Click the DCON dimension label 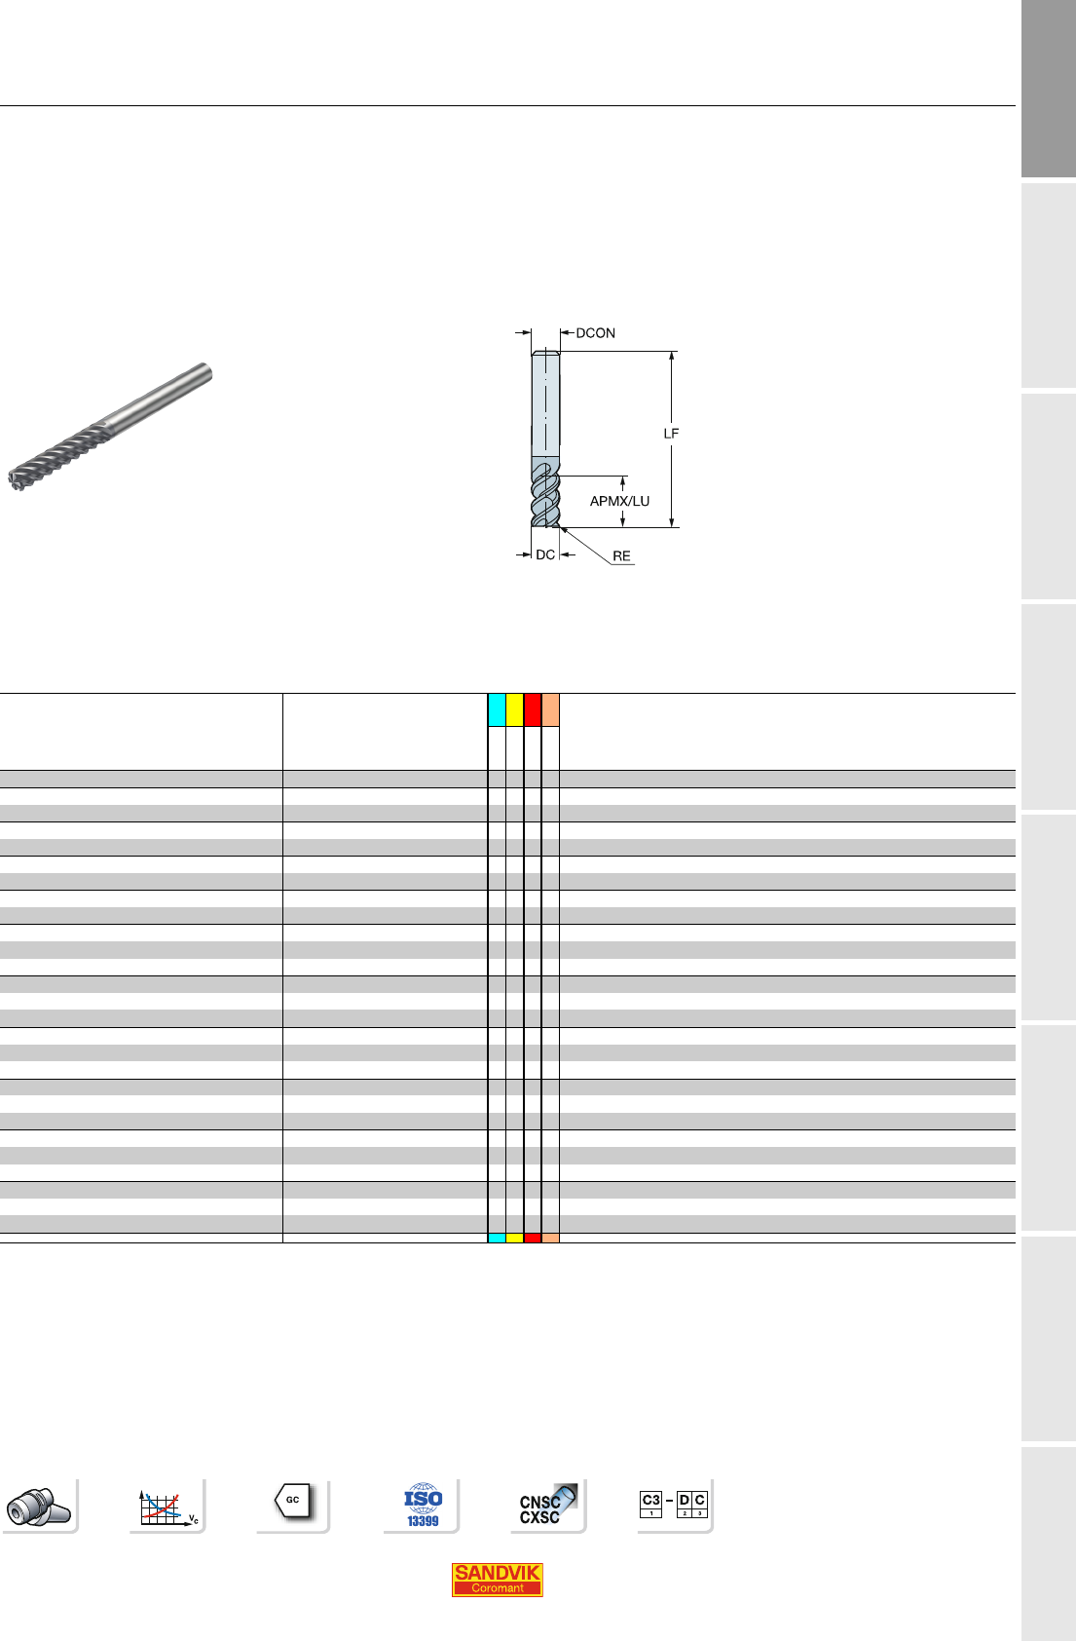coord(595,333)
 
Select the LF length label coord(671,434)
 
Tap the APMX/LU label coord(619,501)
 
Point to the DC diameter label coord(545,554)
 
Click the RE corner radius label coord(621,556)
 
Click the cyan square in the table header coord(497,709)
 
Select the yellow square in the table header coord(514,709)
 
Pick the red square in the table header coord(533,709)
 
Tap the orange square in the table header coord(550,709)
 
